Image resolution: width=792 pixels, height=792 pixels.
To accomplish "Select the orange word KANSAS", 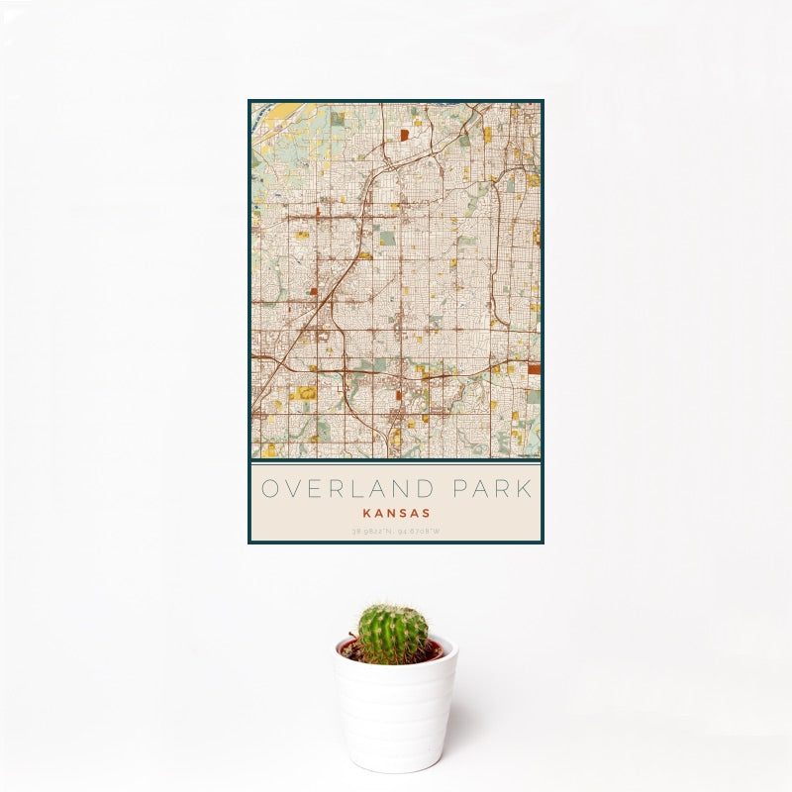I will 396,513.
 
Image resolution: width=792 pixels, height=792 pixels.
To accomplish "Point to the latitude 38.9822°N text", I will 372,532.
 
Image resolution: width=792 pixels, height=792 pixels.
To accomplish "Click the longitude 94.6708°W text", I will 420,532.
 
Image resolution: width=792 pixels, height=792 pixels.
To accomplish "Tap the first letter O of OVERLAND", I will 271,489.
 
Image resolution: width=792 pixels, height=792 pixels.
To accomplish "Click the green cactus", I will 393,634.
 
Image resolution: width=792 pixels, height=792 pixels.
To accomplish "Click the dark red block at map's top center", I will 404,134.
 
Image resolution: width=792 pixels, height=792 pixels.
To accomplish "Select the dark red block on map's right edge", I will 535,368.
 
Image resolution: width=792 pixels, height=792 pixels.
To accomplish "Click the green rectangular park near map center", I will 387,238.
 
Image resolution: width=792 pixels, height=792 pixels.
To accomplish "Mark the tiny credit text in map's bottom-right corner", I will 528,453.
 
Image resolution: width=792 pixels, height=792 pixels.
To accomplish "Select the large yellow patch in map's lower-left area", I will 304,393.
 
